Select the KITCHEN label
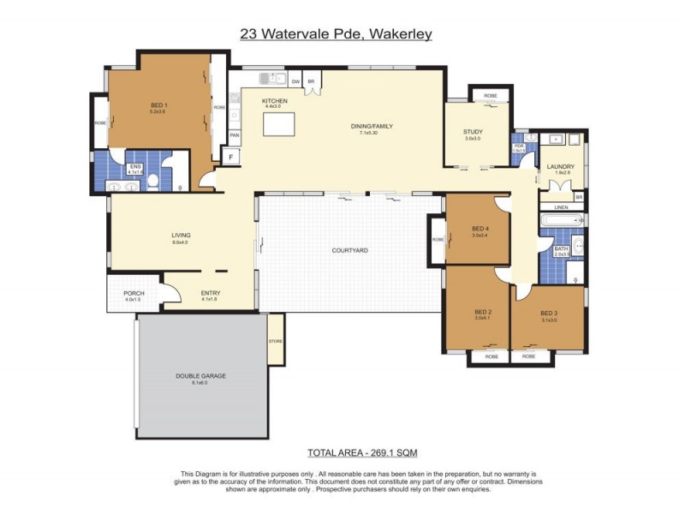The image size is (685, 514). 274,101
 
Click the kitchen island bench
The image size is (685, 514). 277,125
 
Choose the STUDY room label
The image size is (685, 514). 473,131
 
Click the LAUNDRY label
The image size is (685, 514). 562,166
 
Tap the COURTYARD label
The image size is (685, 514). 349,250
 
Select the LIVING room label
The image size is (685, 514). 180,235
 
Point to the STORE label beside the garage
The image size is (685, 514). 275,340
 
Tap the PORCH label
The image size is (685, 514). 134,293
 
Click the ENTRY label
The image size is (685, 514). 210,293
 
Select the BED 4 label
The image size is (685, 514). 480,228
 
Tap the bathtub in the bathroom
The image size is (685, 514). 562,221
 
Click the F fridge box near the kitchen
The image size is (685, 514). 229,156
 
